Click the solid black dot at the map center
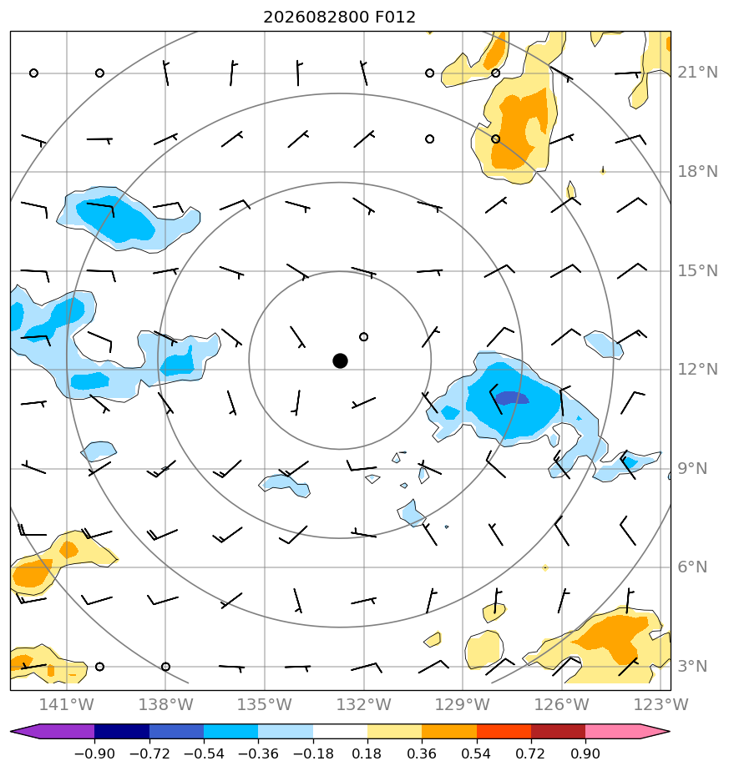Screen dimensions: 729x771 [x=340, y=361]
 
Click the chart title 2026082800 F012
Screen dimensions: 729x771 [x=340, y=18]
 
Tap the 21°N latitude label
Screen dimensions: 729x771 [x=697, y=73]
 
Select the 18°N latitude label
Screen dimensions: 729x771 [x=697, y=172]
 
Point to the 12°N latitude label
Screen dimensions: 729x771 [x=697, y=370]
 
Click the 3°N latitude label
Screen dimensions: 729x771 [x=692, y=666]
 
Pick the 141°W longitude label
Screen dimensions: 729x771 [x=67, y=704]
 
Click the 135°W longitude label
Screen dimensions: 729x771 [x=265, y=704]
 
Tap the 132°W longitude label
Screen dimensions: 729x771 [x=364, y=704]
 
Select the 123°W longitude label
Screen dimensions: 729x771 [x=661, y=704]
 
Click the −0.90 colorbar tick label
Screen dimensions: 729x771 [x=94, y=753]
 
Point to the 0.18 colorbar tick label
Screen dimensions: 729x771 [x=367, y=753]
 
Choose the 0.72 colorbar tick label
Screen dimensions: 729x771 [x=530, y=753]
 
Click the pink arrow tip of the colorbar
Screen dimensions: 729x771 [x=669, y=731]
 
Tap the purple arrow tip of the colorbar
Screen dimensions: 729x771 [x=12, y=731]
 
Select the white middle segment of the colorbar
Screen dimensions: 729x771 [x=340, y=731]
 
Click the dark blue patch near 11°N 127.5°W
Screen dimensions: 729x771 [x=512, y=398]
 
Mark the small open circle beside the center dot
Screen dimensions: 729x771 [x=364, y=337]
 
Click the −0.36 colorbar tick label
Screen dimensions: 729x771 [x=258, y=753]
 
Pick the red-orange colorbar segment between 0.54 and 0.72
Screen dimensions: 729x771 [x=504, y=731]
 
